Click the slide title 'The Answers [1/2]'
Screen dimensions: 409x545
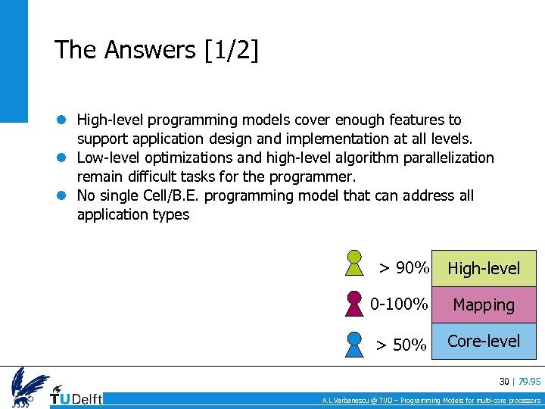coord(156,50)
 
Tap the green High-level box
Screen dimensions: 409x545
coord(484,268)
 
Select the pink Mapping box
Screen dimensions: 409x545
coord(484,305)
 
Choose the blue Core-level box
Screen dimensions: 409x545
coord(484,341)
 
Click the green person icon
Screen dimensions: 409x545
coord(353,264)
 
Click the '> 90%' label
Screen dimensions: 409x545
coord(404,268)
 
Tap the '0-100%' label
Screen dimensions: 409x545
coord(399,304)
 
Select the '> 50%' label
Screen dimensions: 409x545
coord(402,345)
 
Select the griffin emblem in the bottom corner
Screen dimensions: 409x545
coord(29,387)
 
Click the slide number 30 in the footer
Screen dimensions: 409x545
coord(503,381)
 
